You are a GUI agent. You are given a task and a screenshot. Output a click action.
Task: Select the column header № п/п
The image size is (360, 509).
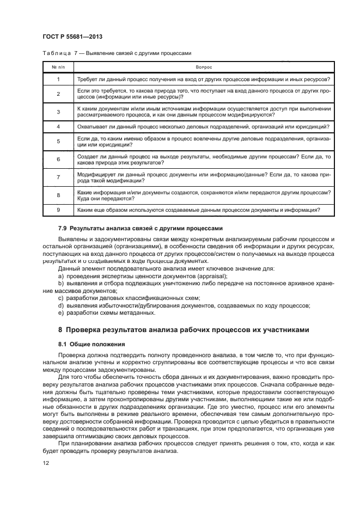(x=58, y=66)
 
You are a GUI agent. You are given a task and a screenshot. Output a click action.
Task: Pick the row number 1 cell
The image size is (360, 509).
(x=58, y=79)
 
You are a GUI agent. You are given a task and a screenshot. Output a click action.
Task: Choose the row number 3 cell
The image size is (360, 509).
(x=58, y=112)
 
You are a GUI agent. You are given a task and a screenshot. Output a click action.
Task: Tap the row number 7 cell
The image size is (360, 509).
(x=58, y=177)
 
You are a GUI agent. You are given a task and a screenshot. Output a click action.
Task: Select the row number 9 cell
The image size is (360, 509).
(x=58, y=209)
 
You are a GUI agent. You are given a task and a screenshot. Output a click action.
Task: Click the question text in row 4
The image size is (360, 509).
(x=203, y=127)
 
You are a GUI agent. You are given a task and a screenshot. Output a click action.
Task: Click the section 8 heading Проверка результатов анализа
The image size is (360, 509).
(x=184, y=330)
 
